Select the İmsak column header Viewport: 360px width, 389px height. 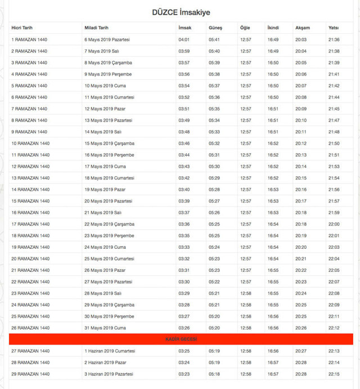tap(184, 28)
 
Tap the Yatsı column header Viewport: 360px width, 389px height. tap(334, 28)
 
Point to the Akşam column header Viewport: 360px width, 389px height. tap(302, 28)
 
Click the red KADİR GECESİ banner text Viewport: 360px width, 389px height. tap(181, 339)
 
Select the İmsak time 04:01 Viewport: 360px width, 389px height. tap(184, 39)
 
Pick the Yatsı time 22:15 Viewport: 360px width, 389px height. tap(334, 374)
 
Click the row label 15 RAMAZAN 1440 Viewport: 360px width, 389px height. tap(30, 201)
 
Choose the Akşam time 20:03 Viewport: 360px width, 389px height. tap(301, 39)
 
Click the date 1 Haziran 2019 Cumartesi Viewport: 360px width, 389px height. tap(110, 351)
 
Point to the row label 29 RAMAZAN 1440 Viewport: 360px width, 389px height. tap(30, 374)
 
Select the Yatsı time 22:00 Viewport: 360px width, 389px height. tap(334, 224)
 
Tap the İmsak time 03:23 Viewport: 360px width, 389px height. tap(184, 374)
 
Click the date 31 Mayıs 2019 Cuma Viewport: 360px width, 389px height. tap(105, 328)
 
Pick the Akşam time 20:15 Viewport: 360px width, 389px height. tap(301, 178)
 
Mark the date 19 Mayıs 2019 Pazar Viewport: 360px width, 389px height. tap(106, 190)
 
